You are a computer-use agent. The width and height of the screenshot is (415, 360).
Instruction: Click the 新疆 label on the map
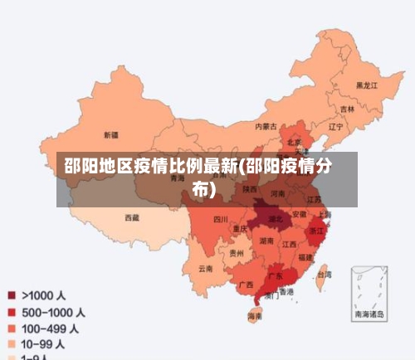[111, 134]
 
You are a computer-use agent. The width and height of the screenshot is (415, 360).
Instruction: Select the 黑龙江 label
[366, 85]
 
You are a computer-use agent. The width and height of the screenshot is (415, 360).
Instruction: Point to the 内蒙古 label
[266, 127]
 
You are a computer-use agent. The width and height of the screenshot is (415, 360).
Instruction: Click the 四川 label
[220, 220]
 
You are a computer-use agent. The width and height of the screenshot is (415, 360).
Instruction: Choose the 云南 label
[206, 269]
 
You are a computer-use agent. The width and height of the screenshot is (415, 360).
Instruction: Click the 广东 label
[275, 275]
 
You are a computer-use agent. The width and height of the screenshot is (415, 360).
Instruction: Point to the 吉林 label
[347, 109]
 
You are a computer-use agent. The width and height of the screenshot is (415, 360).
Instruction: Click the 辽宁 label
[335, 128]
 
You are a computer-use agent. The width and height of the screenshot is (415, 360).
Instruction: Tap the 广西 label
[246, 284]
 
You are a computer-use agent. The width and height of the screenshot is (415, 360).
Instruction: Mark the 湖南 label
[266, 241]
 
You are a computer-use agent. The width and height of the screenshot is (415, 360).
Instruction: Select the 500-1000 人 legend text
[53, 313]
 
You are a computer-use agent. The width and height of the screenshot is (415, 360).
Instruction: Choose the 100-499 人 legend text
[51, 329]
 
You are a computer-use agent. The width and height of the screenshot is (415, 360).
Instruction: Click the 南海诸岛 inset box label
[369, 314]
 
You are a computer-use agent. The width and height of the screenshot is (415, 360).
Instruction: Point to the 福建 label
[305, 258]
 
